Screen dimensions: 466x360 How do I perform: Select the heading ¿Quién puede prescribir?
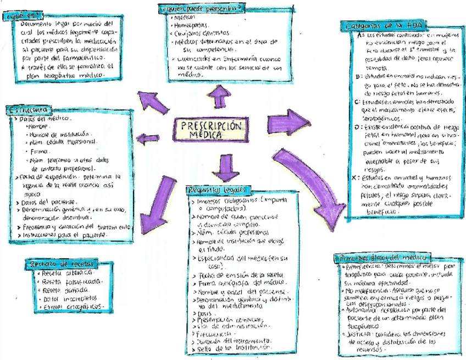pos(201,8)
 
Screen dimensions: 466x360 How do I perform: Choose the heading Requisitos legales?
pos(218,190)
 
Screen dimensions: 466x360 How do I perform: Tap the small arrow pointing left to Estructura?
pos(148,139)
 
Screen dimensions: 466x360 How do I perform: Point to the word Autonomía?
pos(359,310)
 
